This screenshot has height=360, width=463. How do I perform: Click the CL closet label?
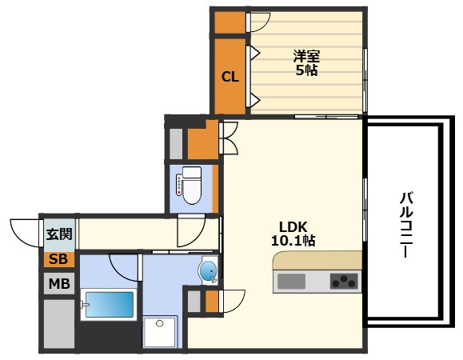point(230,77)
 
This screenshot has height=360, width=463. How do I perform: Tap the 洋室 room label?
point(306,56)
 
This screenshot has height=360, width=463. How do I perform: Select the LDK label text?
point(293,227)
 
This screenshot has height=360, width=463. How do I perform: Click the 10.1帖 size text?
point(293,241)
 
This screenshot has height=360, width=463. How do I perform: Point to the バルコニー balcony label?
point(406,225)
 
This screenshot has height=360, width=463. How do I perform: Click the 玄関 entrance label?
point(59,234)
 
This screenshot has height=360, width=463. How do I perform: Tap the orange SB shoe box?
point(58,259)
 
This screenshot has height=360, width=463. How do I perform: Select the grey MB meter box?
point(59,283)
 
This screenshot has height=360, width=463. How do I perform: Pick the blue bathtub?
point(110,305)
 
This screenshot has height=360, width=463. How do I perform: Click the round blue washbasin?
point(209,271)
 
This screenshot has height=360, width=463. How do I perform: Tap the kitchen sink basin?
point(291,281)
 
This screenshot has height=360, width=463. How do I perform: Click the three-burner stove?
point(344,281)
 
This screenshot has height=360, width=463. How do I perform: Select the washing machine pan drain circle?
point(160,323)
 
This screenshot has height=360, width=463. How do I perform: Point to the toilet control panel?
point(179,185)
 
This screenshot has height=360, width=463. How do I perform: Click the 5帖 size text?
point(306,70)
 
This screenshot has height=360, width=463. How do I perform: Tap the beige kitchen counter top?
point(317,260)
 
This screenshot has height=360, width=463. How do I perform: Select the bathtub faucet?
point(84,305)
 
